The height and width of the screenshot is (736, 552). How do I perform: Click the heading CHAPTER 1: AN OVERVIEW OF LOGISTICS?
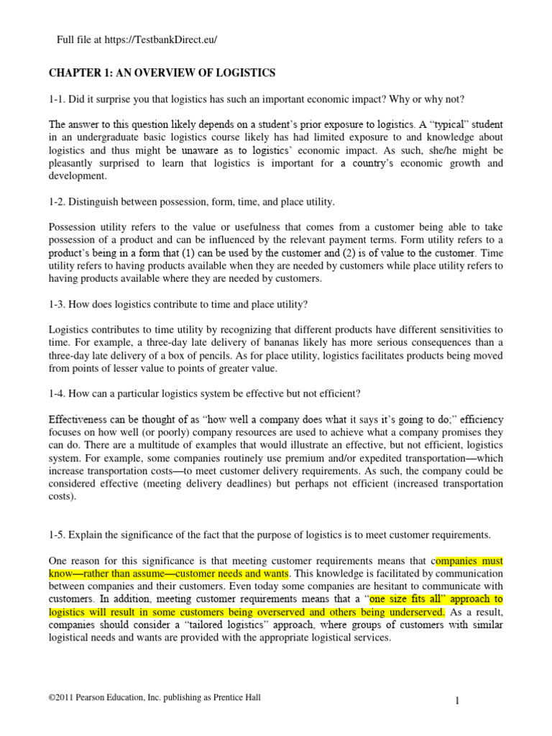162,73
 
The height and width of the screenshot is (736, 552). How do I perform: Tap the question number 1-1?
58,97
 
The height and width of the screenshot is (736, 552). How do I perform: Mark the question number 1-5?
58,534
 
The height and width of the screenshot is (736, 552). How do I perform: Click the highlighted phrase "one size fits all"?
410,598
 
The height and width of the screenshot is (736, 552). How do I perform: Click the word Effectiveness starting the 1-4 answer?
81,419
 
